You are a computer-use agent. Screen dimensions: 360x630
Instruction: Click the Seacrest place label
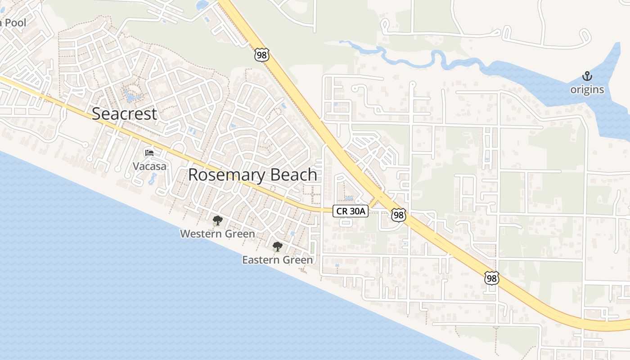(x=125, y=114)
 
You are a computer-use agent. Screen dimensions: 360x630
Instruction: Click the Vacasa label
(x=149, y=166)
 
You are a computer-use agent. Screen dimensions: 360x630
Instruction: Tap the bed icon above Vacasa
(x=149, y=153)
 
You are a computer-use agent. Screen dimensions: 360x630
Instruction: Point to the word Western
(x=201, y=234)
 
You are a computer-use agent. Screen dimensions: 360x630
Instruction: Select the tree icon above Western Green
(x=218, y=220)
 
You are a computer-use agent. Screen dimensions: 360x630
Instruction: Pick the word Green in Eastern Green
(x=297, y=260)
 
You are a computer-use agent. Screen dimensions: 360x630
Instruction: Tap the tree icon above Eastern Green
(x=278, y=247)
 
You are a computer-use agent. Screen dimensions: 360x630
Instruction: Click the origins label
(x=587, y=90)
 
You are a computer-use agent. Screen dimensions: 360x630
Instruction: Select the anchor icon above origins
(x=587, y=76)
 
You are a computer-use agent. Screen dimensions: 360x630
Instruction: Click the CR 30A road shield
(x=351, y=211)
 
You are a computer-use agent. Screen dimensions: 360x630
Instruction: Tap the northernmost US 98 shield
(x=261, y=55)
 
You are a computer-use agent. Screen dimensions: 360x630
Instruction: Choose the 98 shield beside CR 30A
(x=398, y=215)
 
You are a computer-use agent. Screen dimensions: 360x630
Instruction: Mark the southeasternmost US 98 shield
(x=492, y=278)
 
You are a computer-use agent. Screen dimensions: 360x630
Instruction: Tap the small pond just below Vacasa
(x=151, y=179)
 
